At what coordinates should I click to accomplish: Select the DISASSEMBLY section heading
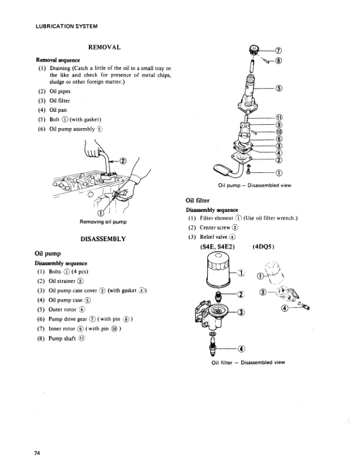[x=104, y=238]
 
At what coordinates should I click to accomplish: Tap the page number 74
[x=37, y=452]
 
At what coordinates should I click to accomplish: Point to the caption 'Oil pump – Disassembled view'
[x=254, y=186]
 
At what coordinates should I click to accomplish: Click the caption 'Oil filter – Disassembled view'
[x=248, y=362]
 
